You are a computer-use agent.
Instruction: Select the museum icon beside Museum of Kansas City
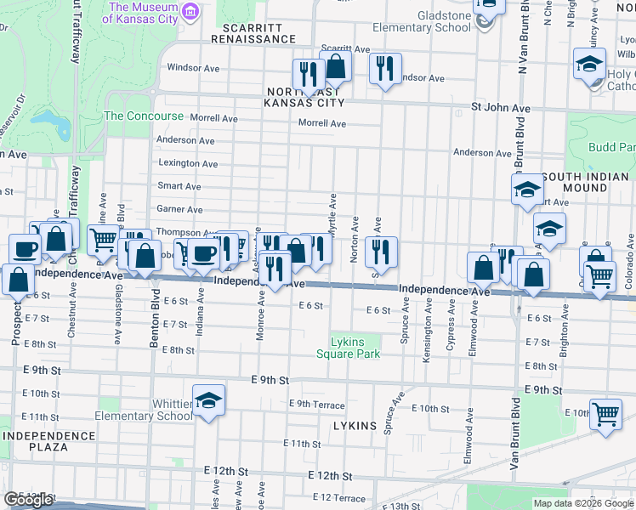[192, 12]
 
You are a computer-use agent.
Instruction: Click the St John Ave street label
[501, 109]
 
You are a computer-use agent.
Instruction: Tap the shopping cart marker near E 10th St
[605, 414]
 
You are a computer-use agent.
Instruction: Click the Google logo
[28, 500]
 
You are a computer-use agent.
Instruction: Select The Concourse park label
[144, 116]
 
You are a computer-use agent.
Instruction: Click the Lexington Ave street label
[188, 163]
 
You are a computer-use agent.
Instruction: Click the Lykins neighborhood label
[355, 423]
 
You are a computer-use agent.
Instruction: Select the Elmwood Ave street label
[468, 426]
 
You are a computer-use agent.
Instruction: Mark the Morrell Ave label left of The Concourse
[212, 118]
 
